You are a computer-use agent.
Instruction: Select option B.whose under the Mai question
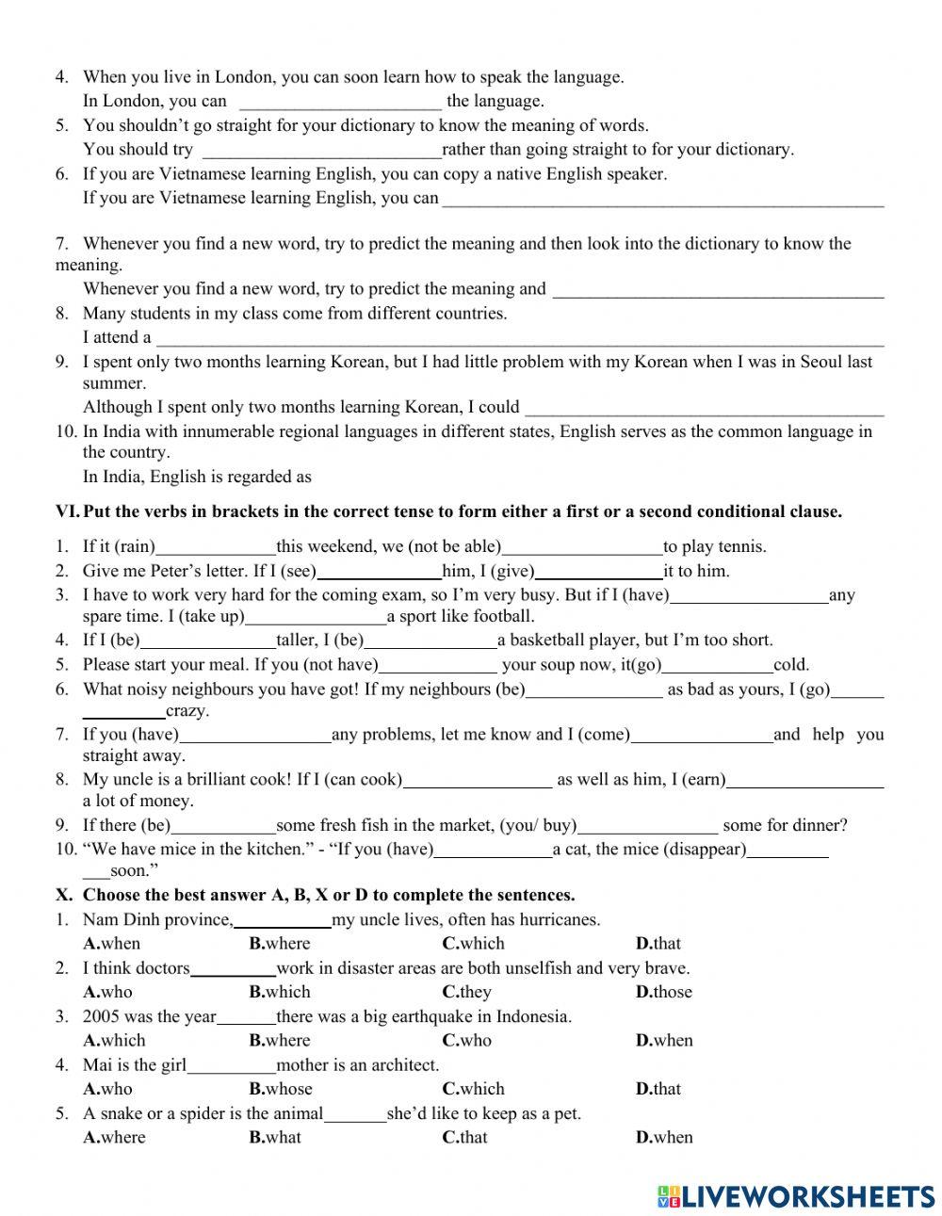click(280, 1089)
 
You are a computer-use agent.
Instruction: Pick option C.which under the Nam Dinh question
click(473, 944)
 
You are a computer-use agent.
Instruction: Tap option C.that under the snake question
click(464, 1137)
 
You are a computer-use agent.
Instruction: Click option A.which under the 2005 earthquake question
click(114, 1041)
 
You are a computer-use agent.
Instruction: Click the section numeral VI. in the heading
click(67, 511)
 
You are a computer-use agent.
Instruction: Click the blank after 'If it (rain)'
click(216, 547)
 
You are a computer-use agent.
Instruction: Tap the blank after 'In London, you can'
click(340, 102)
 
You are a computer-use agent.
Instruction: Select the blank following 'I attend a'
click(518, 338)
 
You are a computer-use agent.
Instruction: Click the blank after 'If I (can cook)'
click(478, 780)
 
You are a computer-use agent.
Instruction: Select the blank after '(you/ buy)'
click(647, 826)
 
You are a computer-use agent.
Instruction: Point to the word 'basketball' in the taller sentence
click(547, 640)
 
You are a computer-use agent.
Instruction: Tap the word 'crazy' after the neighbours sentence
click(187, 711)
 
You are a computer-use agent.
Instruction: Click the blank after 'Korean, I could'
click(704, 408)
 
